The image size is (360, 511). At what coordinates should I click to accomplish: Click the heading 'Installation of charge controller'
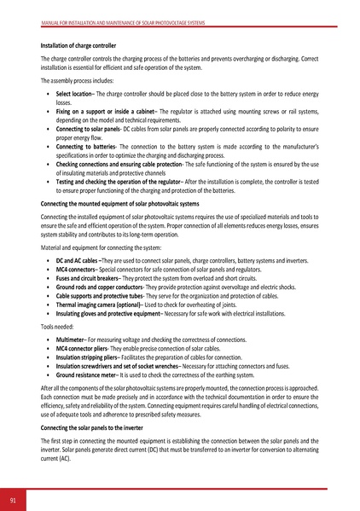(x=79, y=44)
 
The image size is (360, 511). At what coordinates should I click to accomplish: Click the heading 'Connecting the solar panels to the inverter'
(x=95, y=427)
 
